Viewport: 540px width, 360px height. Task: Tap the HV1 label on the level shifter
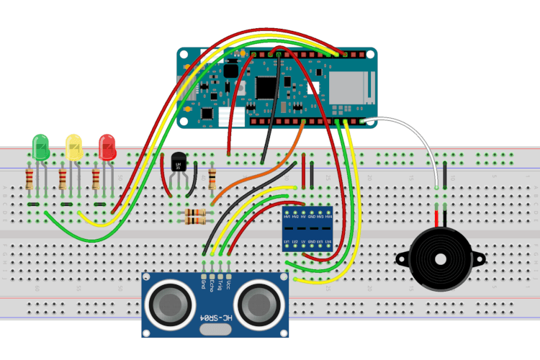[287, 217]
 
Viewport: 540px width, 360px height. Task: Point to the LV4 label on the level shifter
[328, 240]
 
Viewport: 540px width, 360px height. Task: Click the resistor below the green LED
[30, 178]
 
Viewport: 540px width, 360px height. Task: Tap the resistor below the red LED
[96, 178]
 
